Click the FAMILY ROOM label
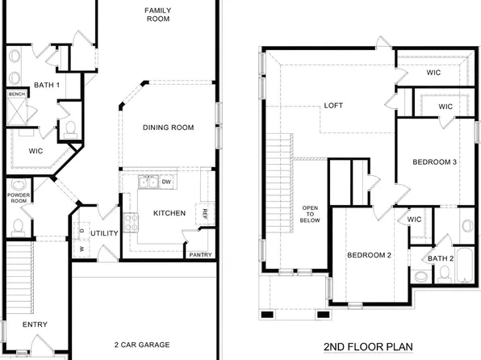[158, 15]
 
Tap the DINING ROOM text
[169, 128]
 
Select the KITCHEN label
[169, 213]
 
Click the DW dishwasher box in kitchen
[166, 182]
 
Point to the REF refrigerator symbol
[205, 214]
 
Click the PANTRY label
[200, 255]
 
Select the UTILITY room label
[105, 233]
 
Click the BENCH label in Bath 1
[16, 94]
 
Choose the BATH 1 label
[47, 85]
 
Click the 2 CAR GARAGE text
[142, 345]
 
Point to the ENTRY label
[35, 325]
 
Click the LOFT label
[334, 106]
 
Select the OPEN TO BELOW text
[310, 212]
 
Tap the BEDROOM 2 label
[369, 255]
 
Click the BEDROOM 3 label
[435, 161]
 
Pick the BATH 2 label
[441, 258]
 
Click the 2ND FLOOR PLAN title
[367, 348]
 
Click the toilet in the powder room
[18, 224]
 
